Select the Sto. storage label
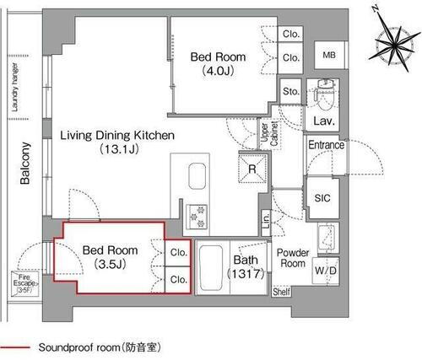(x=291, y=91)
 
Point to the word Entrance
(x=326, y=145)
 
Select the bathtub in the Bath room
(x=212, y=268)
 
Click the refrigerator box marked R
(x=252, y=168)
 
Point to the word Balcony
(x=25, y=165)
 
